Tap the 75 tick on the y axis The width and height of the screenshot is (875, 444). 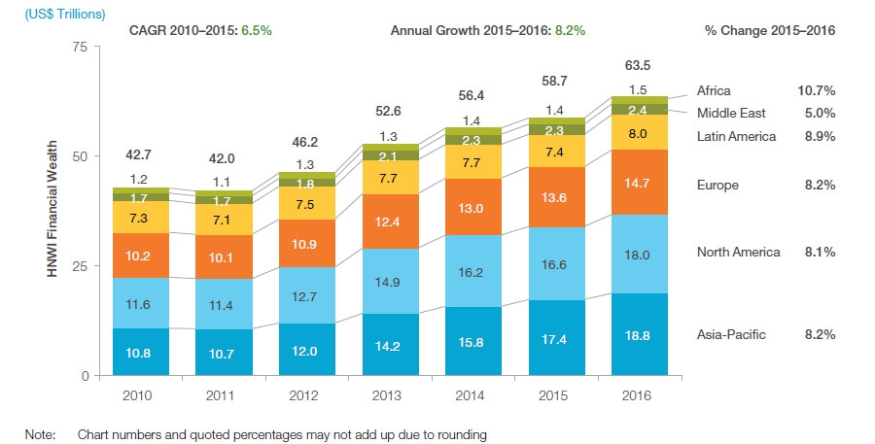tap(82, 47)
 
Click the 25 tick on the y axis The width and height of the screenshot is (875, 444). tap(82, 266)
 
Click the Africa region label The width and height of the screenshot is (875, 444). tap(714, 90)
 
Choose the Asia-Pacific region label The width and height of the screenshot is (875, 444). tap(731, 334)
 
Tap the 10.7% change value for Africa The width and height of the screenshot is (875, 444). tap(817, 90)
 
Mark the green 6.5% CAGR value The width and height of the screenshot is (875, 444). tap(256, 30)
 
